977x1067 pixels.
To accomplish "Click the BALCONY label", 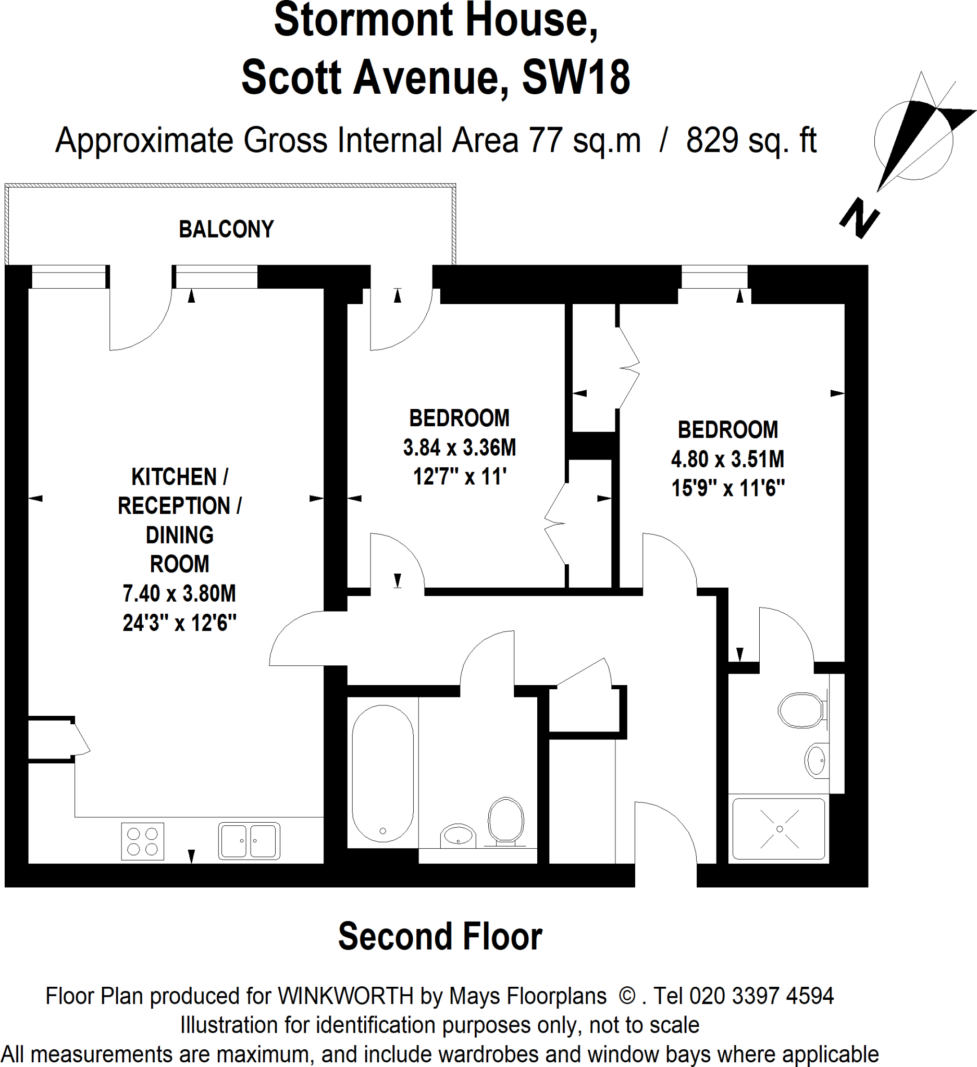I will click(226, 229).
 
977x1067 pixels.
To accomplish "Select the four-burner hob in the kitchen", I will click(142, 841).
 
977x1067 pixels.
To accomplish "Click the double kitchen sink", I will click(249, 840).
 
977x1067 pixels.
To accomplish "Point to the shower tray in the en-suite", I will click(778, 829).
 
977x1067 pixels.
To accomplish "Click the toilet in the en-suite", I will click(801, 710).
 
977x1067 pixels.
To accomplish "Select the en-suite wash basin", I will click(816, 760).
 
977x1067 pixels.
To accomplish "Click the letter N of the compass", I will click(860, 219).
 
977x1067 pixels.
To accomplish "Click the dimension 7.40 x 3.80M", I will click(179, 593).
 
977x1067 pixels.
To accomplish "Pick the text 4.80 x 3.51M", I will click(727, 459).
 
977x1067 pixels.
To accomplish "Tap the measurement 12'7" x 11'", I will click(460, 476).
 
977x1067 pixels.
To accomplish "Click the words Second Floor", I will click(440, 936).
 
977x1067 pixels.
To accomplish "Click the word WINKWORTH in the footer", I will click(345, 996).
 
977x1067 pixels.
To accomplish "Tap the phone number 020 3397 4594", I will click(761, 996).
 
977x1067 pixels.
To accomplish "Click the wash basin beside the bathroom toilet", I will click(459, 836).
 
